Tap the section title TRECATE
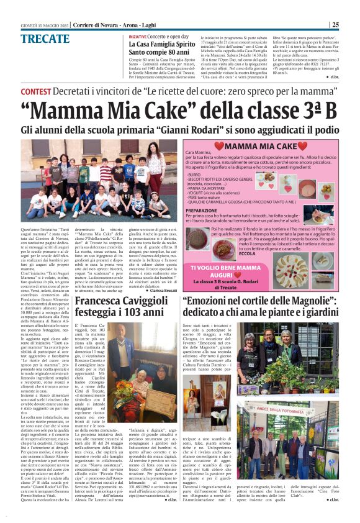(45, 39)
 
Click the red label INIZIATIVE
(138, 37)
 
